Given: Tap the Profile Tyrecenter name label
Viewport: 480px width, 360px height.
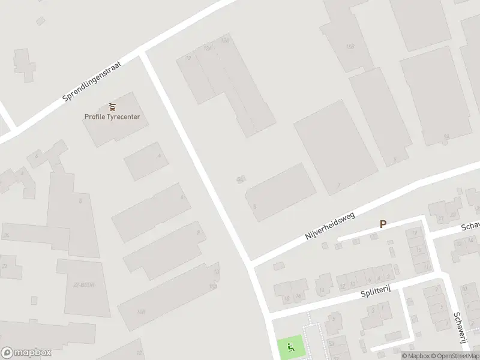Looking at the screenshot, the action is (x=112, y=116).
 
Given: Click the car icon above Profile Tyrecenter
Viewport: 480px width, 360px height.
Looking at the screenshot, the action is (x=112, y=107).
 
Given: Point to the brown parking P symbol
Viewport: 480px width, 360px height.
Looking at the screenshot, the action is (x=383, y=224).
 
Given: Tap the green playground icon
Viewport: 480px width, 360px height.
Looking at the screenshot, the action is (x=290, y=346).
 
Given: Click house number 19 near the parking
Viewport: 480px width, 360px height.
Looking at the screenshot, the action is (x=415, y=233).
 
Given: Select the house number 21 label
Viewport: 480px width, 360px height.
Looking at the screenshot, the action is (x=440, y=218).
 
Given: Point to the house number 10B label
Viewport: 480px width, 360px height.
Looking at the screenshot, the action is (x=212, y=287).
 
